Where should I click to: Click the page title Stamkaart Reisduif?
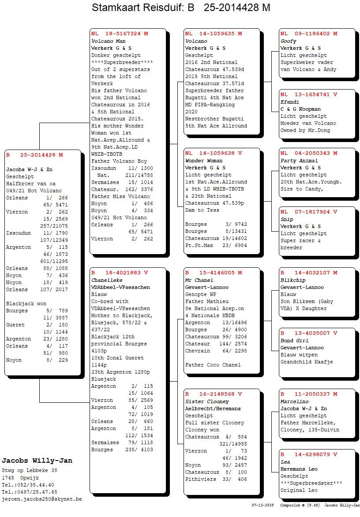pos(181,8)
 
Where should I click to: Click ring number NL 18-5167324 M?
pos(120,34)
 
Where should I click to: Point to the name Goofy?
pos(288,41)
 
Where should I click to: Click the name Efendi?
pos(289,102)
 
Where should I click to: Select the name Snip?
pos(287,219)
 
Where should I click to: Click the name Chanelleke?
pos(107,280)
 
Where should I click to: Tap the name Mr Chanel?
pos(199,280)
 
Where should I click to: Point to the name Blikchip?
pos(292,280)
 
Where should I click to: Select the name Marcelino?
pos(294,401)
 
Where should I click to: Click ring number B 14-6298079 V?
pos(309,454)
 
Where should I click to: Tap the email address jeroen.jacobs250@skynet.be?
pos(42,499)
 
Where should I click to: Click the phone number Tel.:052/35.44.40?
pos(28,485)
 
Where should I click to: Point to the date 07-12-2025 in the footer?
pos(263,505)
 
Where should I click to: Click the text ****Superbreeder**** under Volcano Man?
pos(116,62)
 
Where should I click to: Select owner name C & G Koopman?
pos(300,109)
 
